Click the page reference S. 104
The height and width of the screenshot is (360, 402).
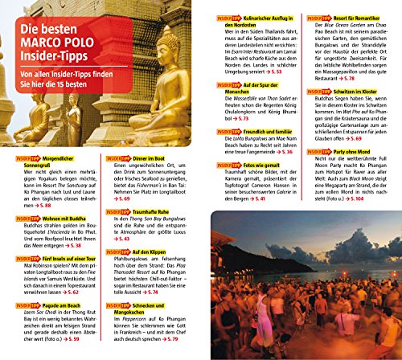(381, 200)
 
